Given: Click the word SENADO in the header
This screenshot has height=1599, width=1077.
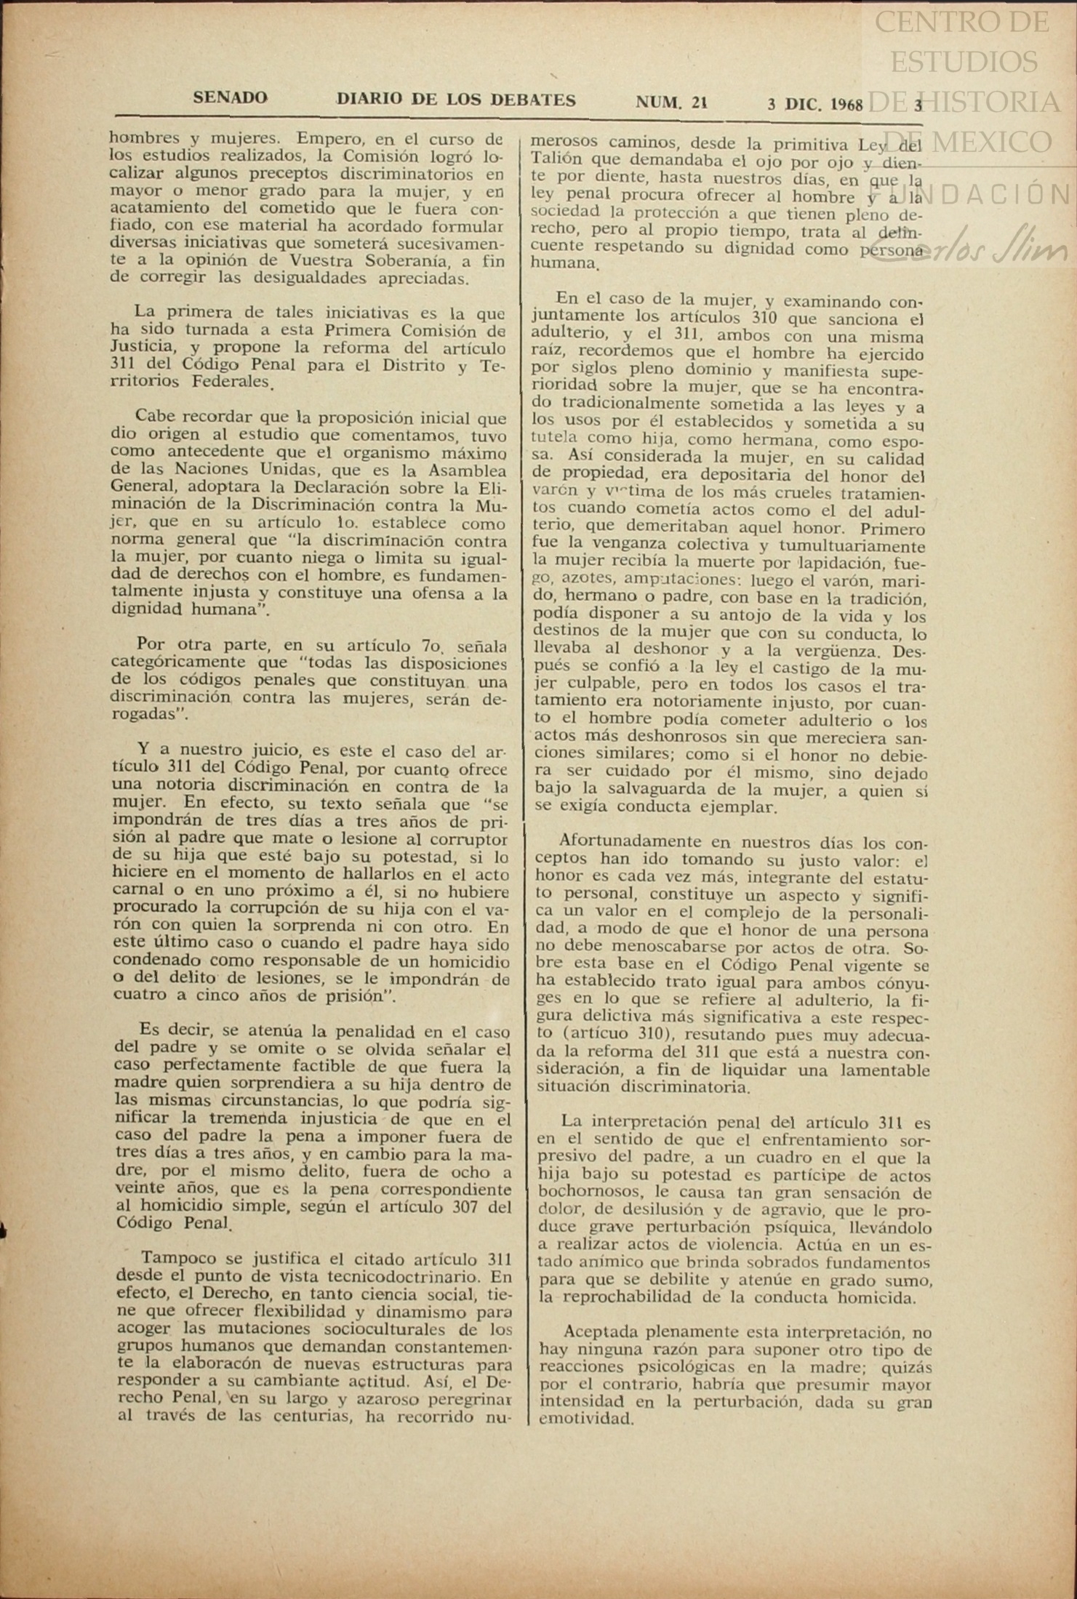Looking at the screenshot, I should point(230,97).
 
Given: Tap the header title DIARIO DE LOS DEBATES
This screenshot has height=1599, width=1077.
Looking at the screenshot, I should point(456,100).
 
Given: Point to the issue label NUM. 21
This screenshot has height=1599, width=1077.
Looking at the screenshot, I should point(671,103).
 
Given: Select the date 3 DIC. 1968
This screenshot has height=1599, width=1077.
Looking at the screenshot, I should point(814,104).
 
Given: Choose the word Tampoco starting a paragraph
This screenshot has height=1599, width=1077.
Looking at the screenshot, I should point(175,1258).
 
